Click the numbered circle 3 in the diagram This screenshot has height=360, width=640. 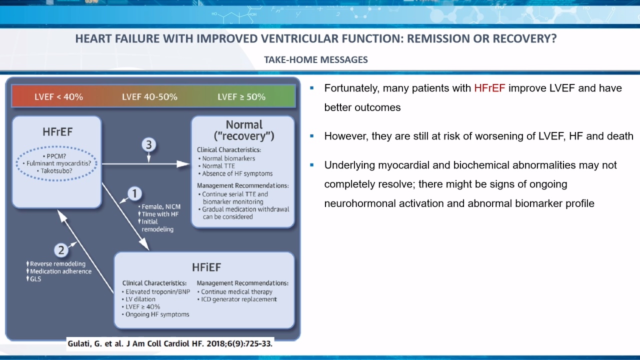[149, 144]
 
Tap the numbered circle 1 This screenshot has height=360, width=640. [134, 193]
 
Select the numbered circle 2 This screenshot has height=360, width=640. [61, 250]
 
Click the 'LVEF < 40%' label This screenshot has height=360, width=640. [59, 97]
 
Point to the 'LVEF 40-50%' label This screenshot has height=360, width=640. [149, 97]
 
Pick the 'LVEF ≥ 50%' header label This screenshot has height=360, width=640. [241, 97]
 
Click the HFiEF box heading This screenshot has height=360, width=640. [206, 267]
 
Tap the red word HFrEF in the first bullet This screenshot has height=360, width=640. [489, 88]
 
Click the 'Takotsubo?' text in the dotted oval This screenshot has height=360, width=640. [54, 171]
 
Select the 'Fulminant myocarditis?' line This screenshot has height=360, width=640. [57, 163]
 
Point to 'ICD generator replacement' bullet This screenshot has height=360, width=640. [237, 299]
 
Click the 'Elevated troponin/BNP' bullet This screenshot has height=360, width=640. [156, 291]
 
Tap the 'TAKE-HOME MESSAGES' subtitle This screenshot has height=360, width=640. [315, 59]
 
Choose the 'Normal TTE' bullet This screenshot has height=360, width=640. [216, 166]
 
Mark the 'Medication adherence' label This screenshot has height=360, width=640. [59, 271]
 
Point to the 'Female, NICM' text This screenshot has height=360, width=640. [159, 206]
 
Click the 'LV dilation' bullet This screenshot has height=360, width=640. [138, 299]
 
